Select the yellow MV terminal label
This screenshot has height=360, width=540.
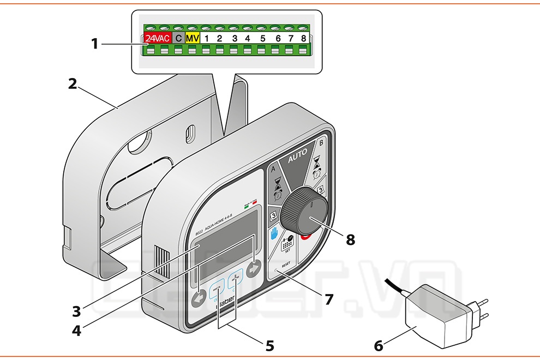pyautogui.click(x=192, y=39)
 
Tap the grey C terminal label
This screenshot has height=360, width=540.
pyautogui.click(x=178, y=39)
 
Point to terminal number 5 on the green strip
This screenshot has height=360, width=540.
pyautogui.click(x=262, y=39)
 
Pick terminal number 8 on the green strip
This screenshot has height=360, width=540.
pyautogui.click(x=303, y=39)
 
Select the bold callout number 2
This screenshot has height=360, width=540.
pyautogui.click(x=73, y=84)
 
